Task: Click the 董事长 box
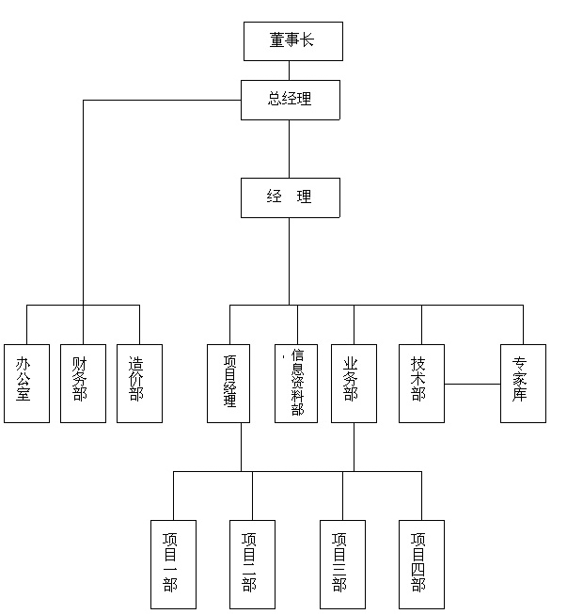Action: [x=293, y=41]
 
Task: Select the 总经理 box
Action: [x=291, y=100]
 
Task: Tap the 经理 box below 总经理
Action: [x=291, y=197]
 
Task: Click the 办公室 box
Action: [x=26, y=384]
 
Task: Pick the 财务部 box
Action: [x=83, y=384]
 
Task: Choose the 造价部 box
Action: [x=139, y=384]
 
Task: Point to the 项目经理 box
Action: [x=228, y=384]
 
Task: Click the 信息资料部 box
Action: [x=296, y=384]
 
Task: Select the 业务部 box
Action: [x=354, y=384]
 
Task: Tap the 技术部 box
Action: [x=422, y=384]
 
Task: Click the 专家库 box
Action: [x=523, y=384]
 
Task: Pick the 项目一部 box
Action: [x=173, y=564]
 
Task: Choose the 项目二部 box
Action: [x=252, y=564]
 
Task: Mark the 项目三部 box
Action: [x=342, y=564]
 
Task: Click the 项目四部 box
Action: [x=422, y=564]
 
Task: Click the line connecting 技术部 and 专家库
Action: [x=472, y=384]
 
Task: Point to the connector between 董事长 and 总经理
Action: [x=290, y=71]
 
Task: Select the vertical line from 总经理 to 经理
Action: [x=290, y=149]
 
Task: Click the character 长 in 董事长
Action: [x=307, y=39]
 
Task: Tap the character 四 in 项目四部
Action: [x=418, y=570]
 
